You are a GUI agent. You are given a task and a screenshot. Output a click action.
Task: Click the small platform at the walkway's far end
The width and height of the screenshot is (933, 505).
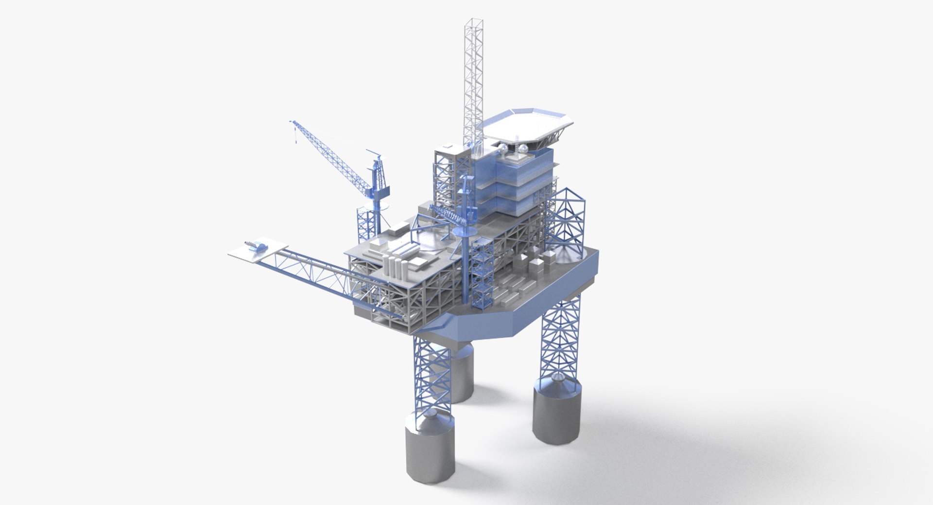click(x=248, y=253)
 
